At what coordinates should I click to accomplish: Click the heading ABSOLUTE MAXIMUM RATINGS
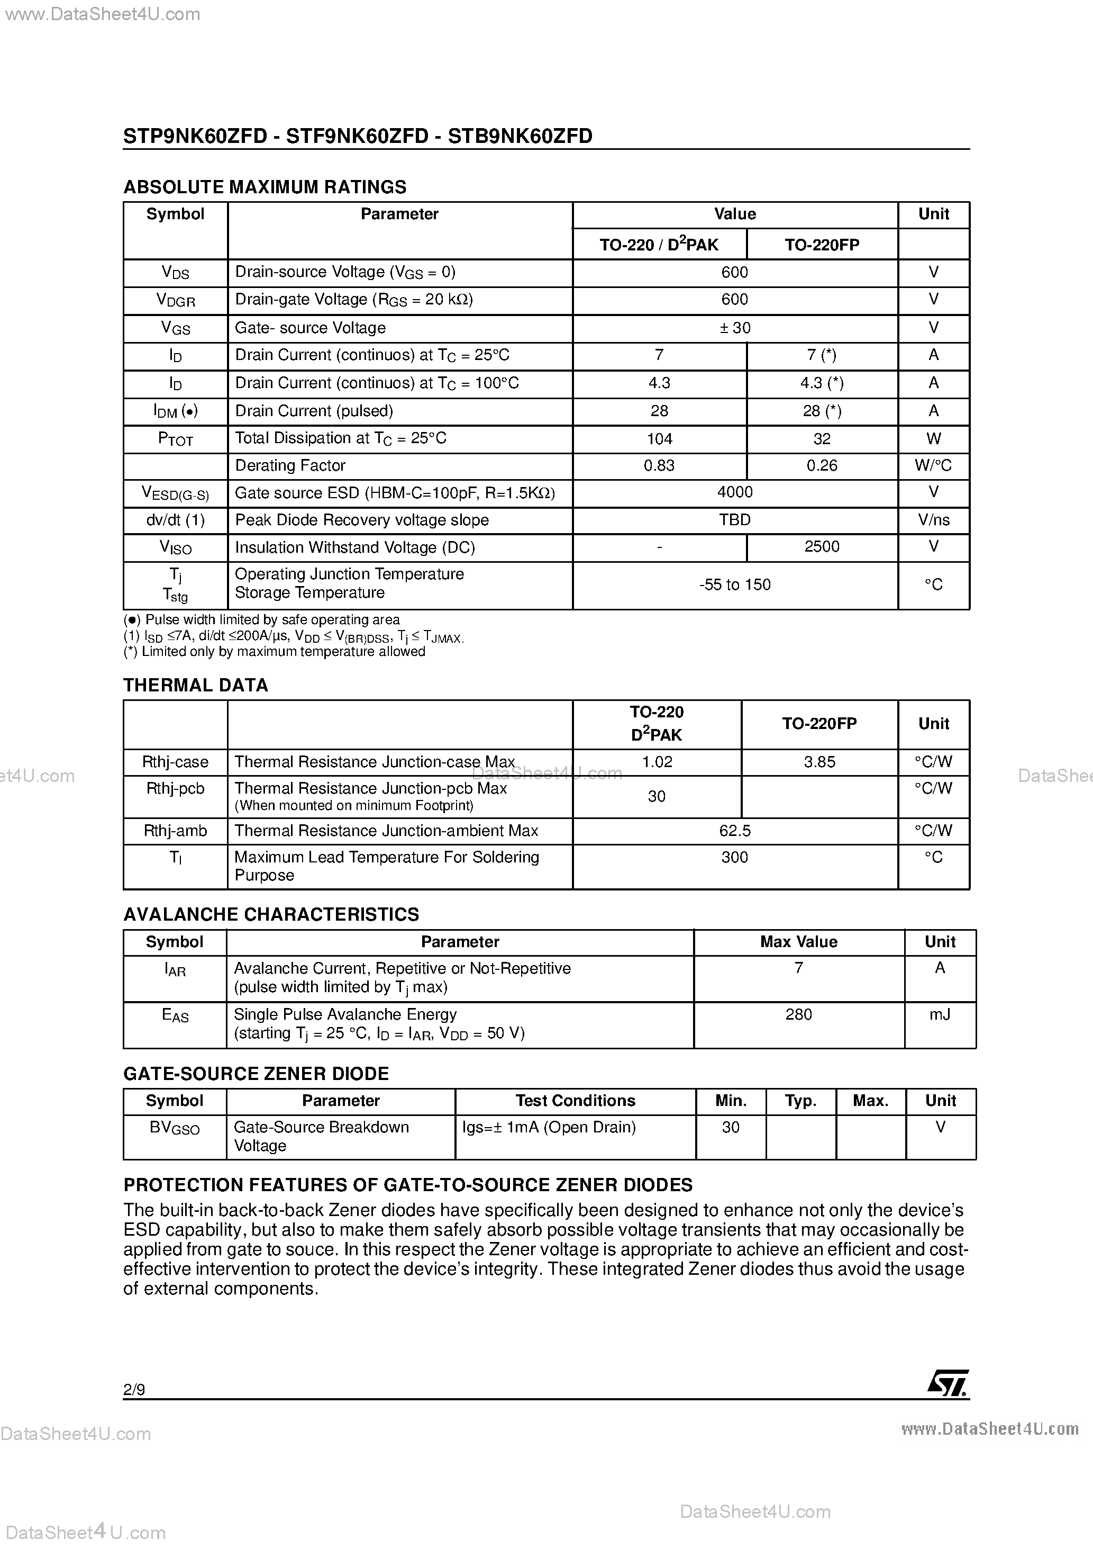coord(265,187)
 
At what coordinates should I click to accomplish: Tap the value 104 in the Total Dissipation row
coord(659,439)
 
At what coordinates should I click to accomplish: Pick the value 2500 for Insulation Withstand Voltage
coord(822,547)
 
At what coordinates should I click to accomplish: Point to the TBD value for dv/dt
coord(734,520)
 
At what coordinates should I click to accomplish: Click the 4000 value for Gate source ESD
coord(734,492)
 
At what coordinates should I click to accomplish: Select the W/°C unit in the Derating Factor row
coord(933,466)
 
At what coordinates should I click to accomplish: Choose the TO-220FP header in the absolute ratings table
coord(822,245)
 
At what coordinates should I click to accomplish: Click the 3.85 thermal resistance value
coord(819,762)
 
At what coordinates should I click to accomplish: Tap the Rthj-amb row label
coord(175,831)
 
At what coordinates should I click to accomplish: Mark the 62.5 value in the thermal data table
coord(734,831)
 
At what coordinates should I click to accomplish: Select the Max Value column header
coord(798,942)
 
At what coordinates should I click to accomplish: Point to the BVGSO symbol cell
coord(175,1128)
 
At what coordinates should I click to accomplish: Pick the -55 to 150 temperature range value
coord(734,584)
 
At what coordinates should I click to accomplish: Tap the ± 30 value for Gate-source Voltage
coord(734,328)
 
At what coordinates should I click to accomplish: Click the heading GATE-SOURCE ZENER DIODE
coord(256,1073)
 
